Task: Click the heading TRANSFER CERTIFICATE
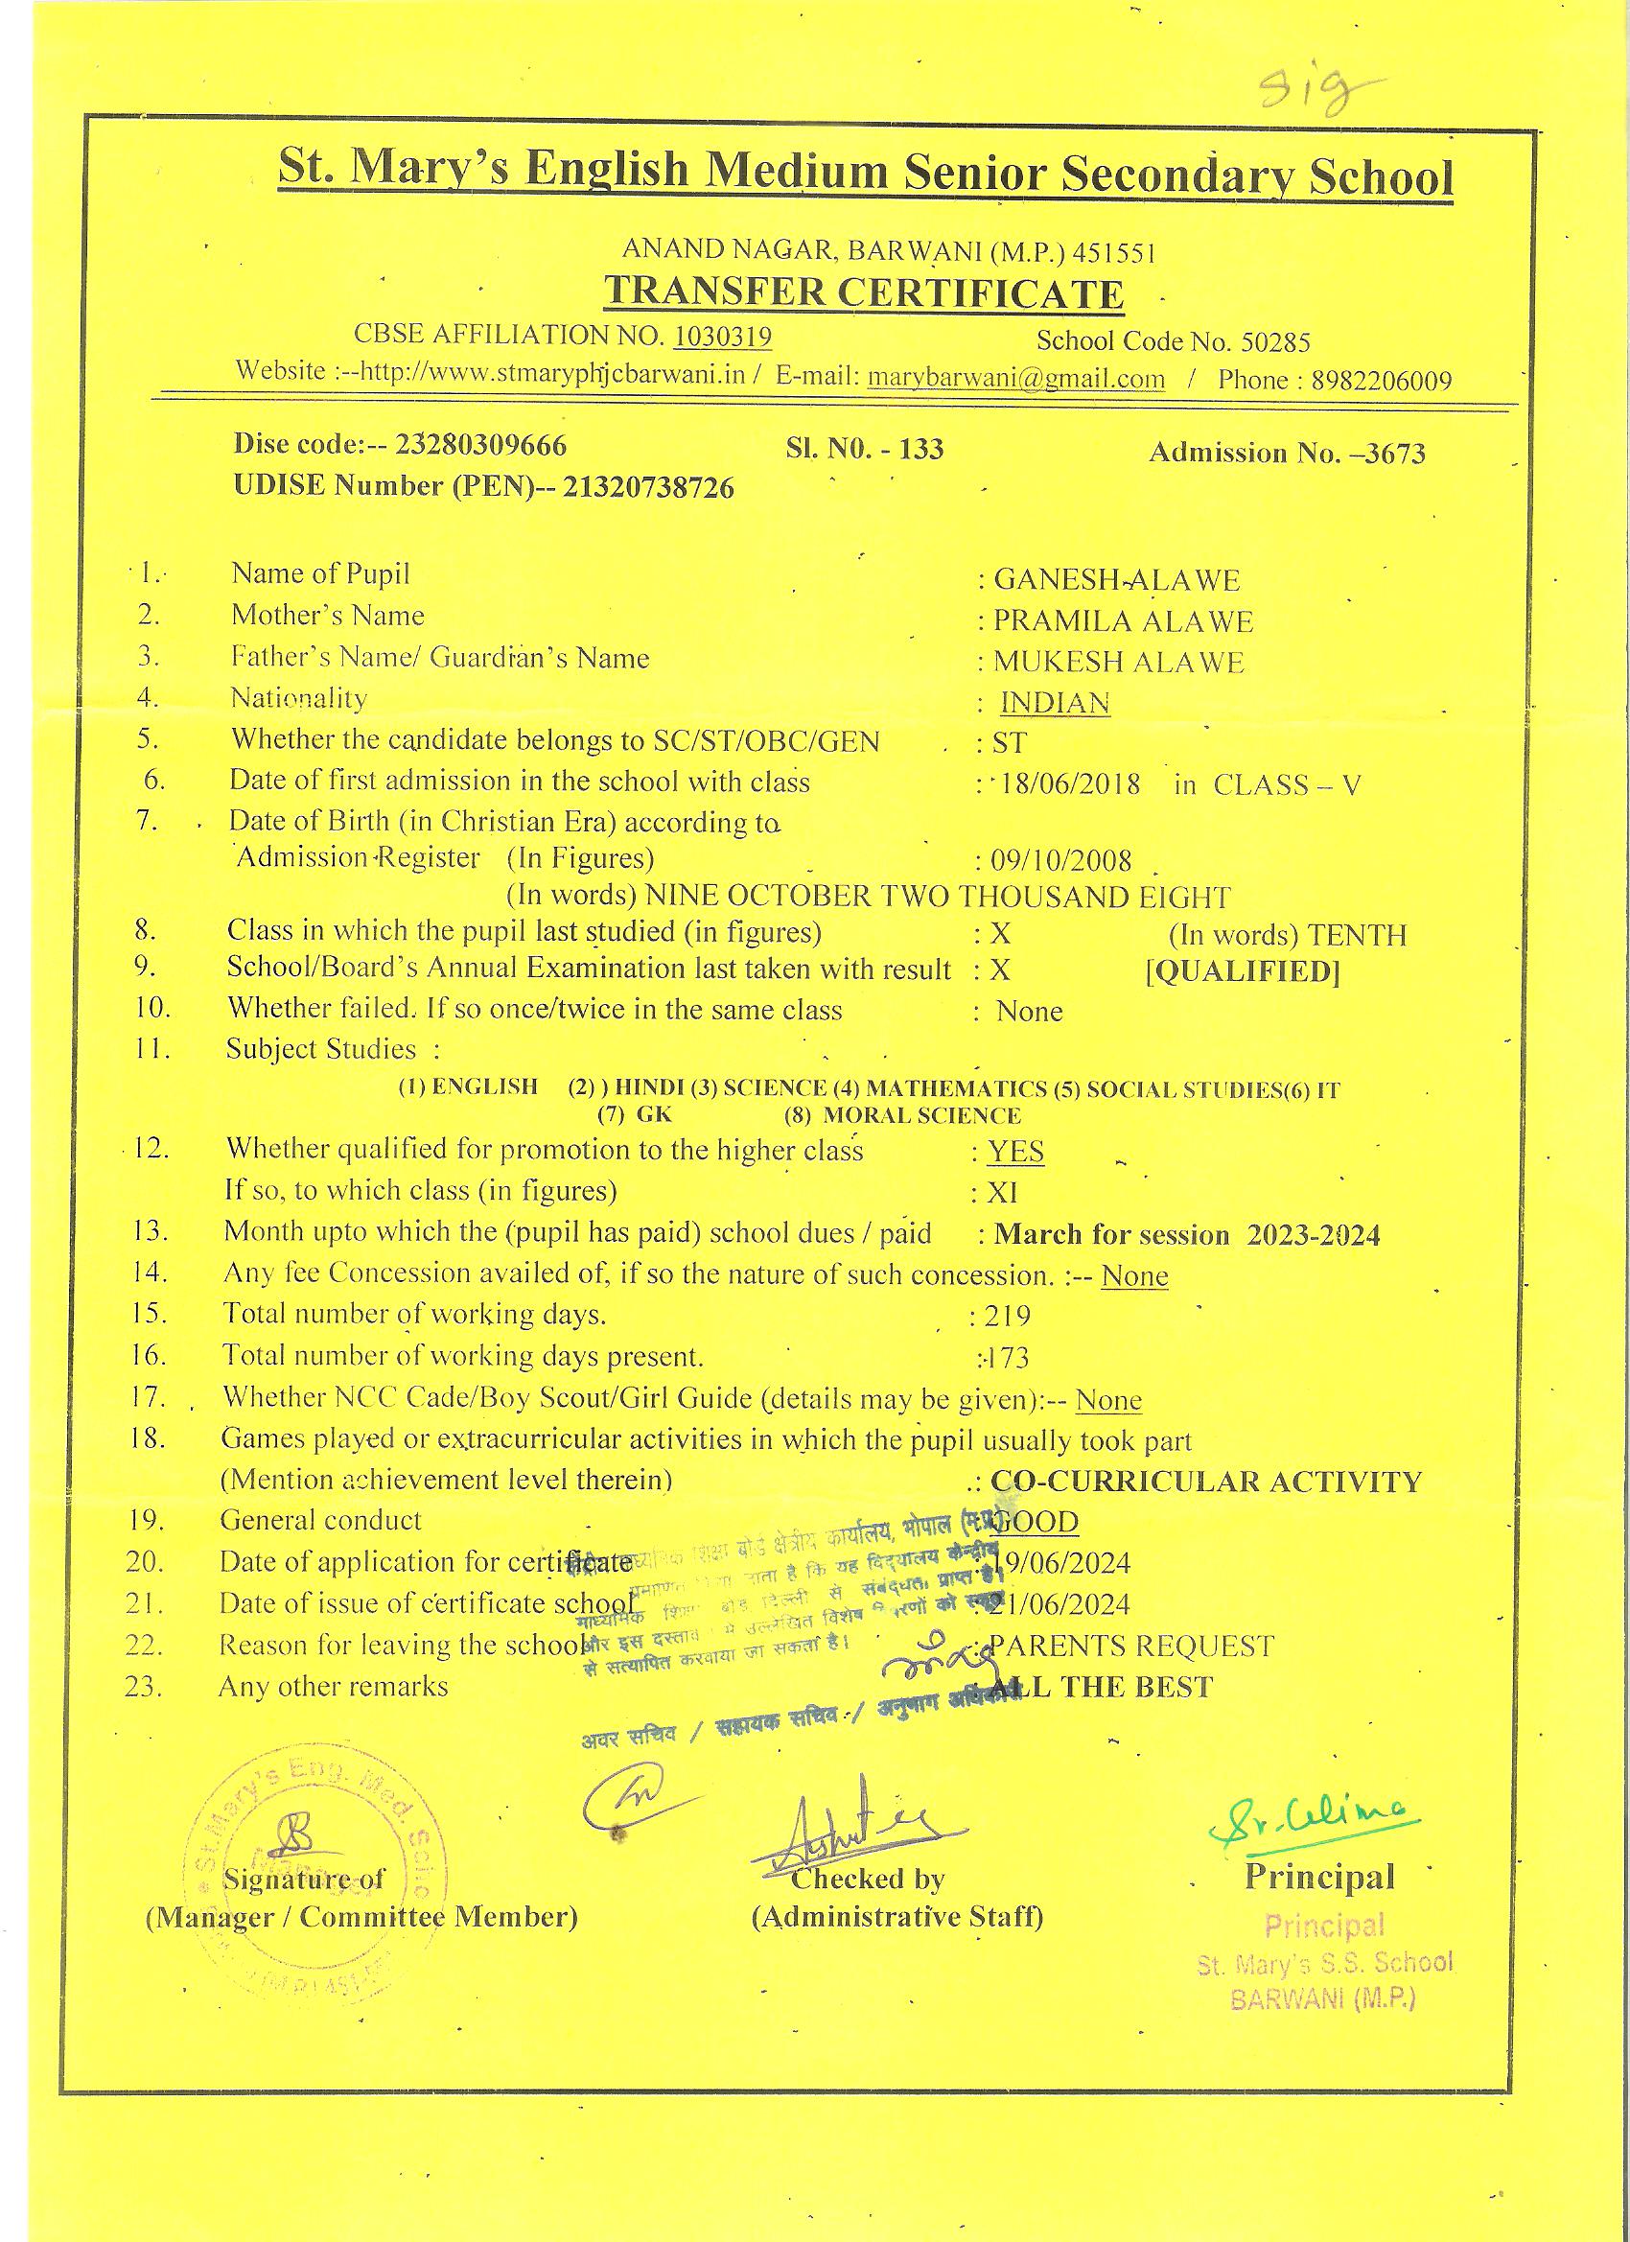coord(863,292)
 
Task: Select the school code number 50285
coord(1275,342)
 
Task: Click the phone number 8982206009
coord(1381,381)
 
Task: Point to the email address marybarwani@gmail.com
coord(1015,378)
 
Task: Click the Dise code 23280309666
coord(480,445)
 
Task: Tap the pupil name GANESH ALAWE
coord(1116,579)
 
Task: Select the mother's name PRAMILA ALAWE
coord(1123,620)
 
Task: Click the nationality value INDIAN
coord(1055,702)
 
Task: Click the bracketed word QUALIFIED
coord(1243,971)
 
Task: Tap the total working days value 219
coord(1006,1316)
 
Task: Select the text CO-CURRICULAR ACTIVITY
coord(1206,1481)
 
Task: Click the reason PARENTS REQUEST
coord(1131,1646)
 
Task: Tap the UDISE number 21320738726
coord(647,487)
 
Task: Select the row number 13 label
coord(150,1231)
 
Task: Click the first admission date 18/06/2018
coord(1070,785)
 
